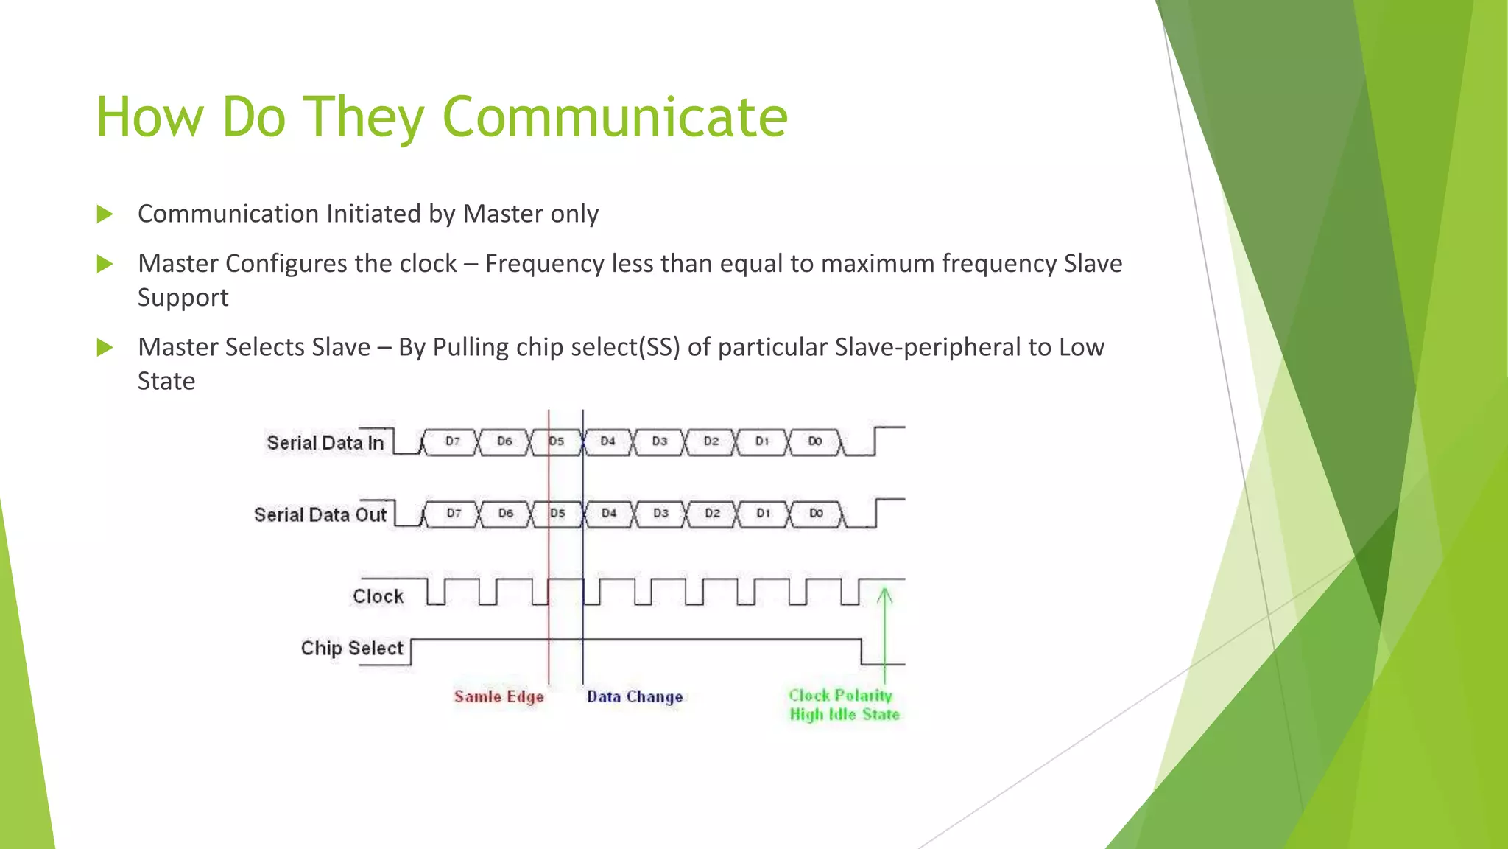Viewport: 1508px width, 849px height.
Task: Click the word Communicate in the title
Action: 615,116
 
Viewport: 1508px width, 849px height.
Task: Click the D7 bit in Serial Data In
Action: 452,441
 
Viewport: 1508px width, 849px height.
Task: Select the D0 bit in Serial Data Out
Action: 816,513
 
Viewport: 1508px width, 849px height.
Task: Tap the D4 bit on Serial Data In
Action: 607,441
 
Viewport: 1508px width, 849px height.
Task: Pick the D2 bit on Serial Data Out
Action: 712,513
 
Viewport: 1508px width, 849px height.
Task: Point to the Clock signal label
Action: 378,596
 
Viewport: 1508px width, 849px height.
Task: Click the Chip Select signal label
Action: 352,649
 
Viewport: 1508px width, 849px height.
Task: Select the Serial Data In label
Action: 325,443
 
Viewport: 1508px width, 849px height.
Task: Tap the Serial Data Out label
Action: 320,514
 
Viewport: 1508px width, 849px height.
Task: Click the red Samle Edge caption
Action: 498,696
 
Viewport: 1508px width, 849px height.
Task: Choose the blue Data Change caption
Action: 635,696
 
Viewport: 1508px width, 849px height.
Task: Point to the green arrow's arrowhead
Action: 885,594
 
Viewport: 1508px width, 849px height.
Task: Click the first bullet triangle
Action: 105,214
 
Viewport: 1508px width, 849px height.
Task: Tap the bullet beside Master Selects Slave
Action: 105,347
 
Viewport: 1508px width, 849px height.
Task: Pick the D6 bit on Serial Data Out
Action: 505,513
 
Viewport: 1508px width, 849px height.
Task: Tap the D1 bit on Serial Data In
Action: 762,441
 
